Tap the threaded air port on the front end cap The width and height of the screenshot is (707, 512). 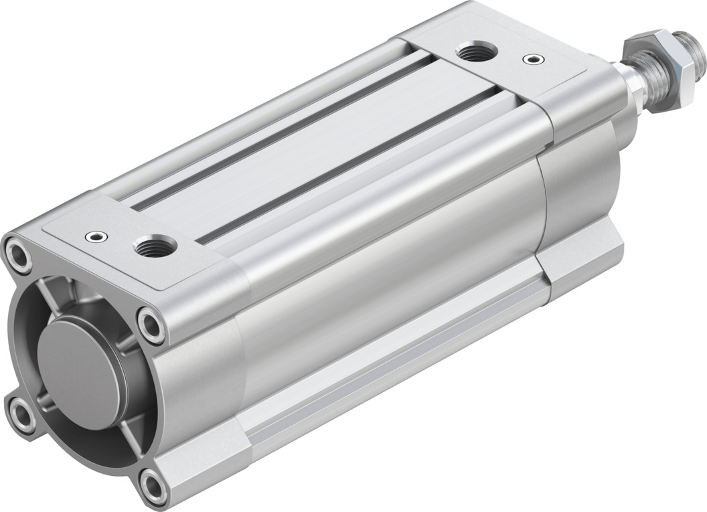pos(475,52)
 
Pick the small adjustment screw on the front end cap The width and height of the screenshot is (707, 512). pos(532,60)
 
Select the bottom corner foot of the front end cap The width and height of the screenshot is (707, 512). pos(582,261)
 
